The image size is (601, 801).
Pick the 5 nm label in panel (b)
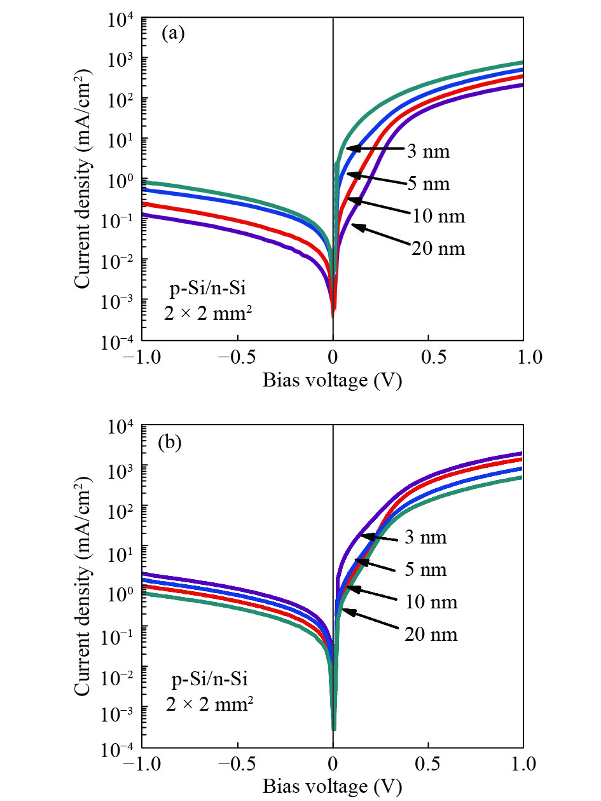point(425,570)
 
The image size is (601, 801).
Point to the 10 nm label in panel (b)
point(431,601)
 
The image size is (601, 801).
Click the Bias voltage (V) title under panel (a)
point(333,381)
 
